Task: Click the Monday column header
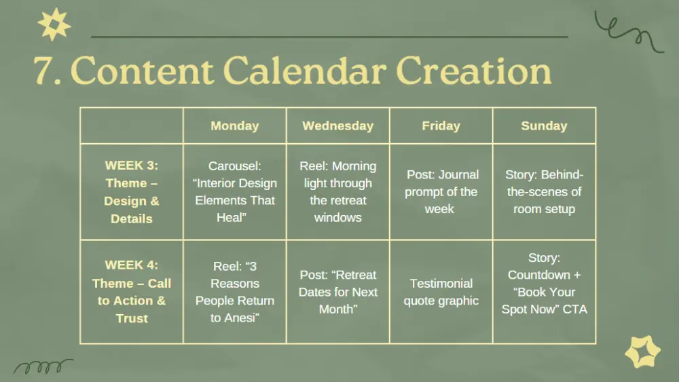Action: point(235,126)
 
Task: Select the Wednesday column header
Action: point(337,126)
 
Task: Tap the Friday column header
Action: point(441,126)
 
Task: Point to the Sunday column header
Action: point(544,126)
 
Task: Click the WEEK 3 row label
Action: point(132,191)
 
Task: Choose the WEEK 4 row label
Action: point(132,292)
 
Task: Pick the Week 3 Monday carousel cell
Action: point(235,191)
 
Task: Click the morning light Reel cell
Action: point(337,191)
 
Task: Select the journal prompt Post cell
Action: point(441,191)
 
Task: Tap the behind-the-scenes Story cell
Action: point(544,191)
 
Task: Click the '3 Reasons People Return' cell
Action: point(235,292)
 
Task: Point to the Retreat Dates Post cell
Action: point(337,292)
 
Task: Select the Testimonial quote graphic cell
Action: point(441,292)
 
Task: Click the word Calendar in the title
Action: point(304,71)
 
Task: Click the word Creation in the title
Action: point(474,71)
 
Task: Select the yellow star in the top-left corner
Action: point(54,24)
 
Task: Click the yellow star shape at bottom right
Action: point(642,351)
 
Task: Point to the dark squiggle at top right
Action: point(628,32)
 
